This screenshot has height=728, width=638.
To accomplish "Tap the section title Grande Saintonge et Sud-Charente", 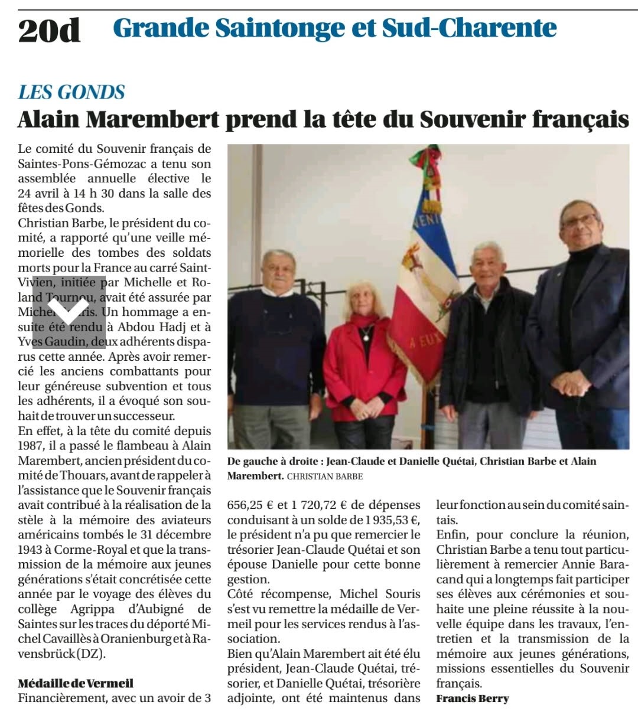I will (x=334, y=28).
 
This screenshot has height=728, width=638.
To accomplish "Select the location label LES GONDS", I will (x=71, y=92).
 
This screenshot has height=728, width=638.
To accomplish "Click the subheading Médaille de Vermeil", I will (x=76, y=683).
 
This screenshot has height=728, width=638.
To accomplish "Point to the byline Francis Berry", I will (x=473, y=698).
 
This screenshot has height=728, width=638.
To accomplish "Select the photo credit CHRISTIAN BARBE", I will (x=325, y=476).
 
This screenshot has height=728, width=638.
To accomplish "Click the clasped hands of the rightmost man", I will (x=570, y=384).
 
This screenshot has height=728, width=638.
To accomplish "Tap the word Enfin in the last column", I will (x=452, y=535).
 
